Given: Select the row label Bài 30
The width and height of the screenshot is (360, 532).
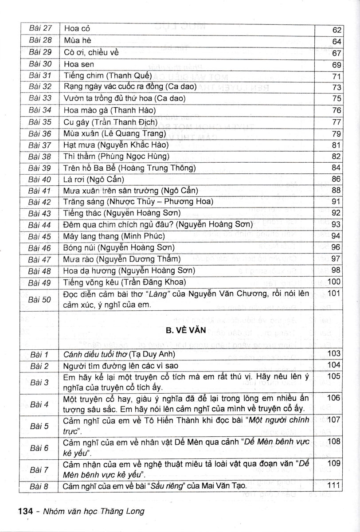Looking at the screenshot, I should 40,64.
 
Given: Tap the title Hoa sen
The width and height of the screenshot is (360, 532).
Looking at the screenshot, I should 79,64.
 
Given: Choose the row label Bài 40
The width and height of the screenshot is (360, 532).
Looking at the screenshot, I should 40,180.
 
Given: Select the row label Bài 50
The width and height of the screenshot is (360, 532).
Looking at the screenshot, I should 40,299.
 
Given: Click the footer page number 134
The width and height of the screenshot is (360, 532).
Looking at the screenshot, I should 26,511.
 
